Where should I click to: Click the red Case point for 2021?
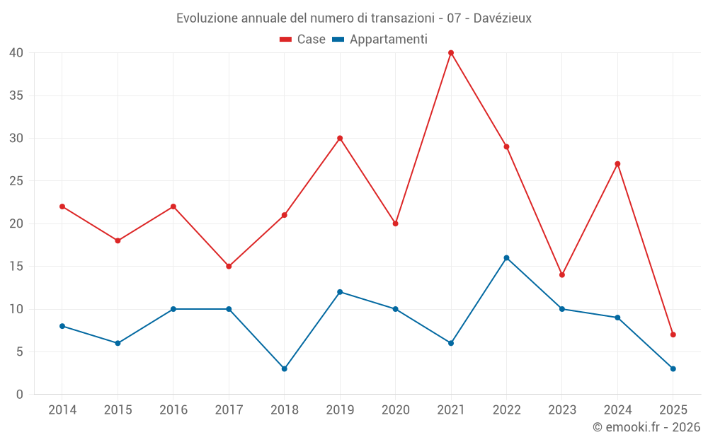click(451, 53)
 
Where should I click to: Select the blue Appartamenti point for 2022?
click(506, 258)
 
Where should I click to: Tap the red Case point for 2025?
click(673, 335)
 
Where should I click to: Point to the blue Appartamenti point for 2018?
click(284, 368)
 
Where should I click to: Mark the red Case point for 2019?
click(340, 138)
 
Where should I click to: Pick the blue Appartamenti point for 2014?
click(62, 326)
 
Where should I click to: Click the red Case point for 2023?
click(562, 275)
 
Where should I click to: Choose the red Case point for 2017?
click(229, 267)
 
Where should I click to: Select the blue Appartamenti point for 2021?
click(451, 343)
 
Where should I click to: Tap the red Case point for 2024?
click(617, 164)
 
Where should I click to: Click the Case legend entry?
click(303, 40)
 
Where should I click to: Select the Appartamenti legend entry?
click(380, 40)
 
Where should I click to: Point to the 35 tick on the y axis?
click(16, 95)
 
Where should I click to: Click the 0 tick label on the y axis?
click(20, 395)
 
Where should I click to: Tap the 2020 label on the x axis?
click(395, 410)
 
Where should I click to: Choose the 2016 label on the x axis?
click(173, 410)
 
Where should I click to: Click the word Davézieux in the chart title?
click(501, 18)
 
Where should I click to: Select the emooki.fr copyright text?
click(646, 427)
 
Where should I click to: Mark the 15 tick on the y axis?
click(16, 267)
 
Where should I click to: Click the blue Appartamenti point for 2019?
click(340, 292)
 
